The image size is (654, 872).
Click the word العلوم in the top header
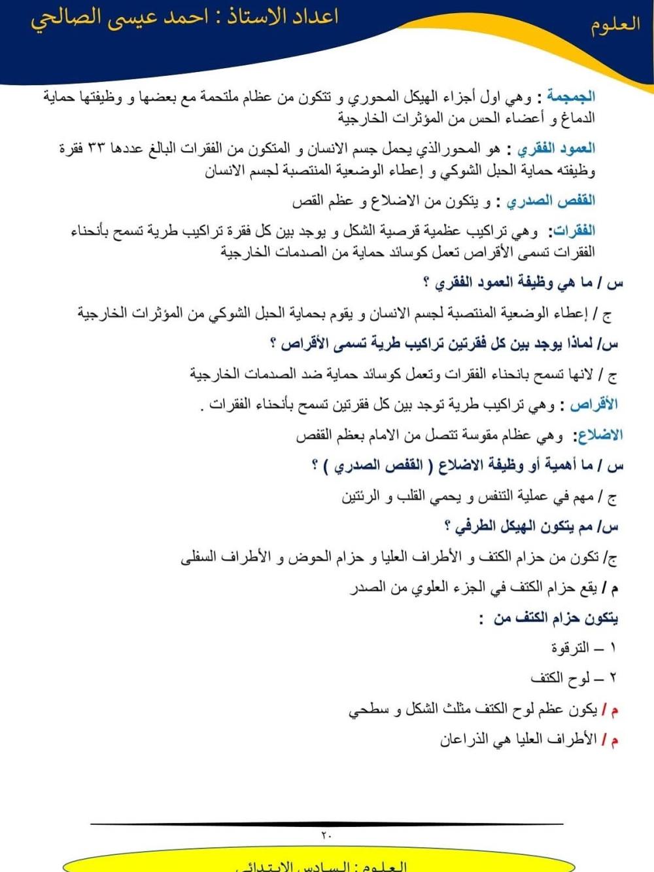615,26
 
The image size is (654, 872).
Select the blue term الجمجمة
570,97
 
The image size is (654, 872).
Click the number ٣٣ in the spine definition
96,149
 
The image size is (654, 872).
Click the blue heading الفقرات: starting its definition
574,230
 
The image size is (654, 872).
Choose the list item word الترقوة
570,648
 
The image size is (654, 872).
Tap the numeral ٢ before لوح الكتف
613,678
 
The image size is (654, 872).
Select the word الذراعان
464,740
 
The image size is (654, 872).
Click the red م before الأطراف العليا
614,740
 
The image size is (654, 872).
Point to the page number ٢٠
326,835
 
